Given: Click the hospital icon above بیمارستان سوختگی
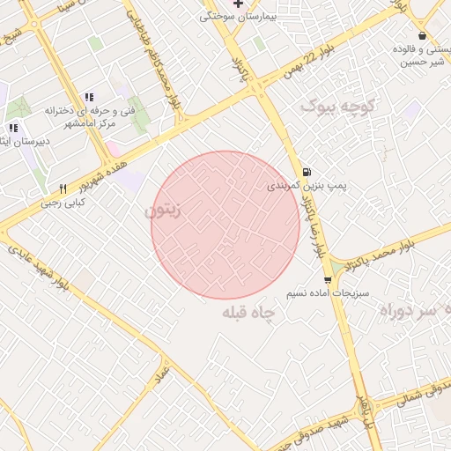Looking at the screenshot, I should click(x=238, y=4).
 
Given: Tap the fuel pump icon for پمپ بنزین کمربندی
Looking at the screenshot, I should click(x=306, y=172).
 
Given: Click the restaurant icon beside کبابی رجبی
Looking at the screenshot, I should click(x=63, y=189).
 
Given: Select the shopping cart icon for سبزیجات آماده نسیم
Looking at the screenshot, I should click(x=328, y=280).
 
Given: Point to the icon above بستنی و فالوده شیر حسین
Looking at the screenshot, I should click(x=423, y=36).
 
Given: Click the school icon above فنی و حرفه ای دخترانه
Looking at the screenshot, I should click(x=88, y=97).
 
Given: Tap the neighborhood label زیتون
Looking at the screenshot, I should click(x=164, y=211).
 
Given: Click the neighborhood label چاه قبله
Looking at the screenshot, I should click(x=249, y=313).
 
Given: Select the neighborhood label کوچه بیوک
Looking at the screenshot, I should click(x=339, y=107).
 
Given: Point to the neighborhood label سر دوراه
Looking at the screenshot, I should click(x=413, y=311).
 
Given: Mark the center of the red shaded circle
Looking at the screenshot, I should click(x=225, y=225).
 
